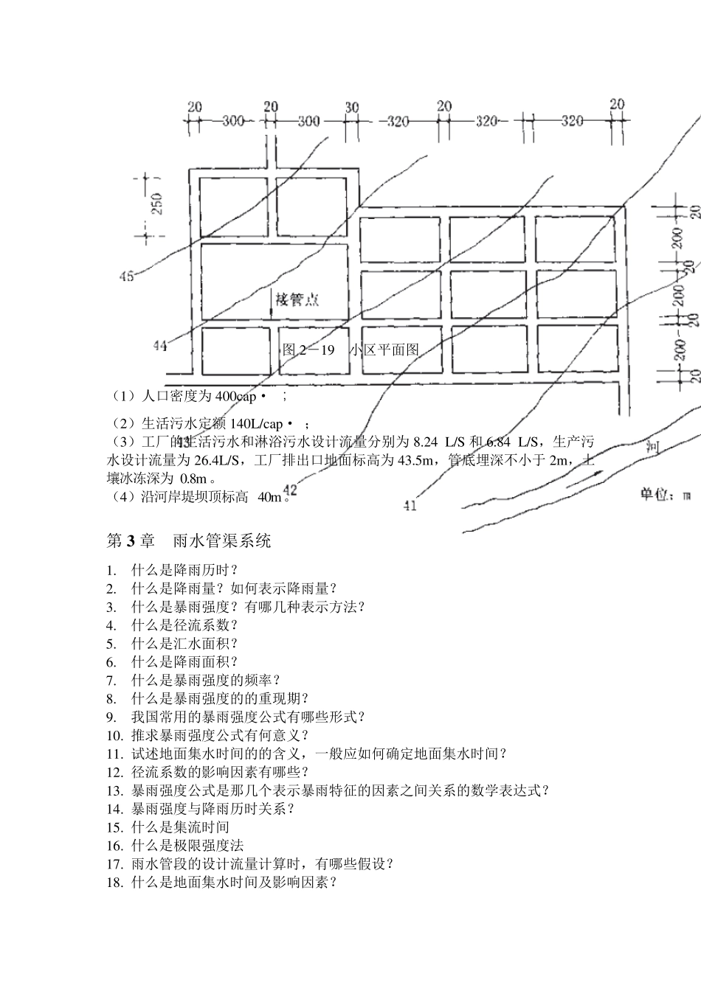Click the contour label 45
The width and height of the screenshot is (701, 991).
(126, 277)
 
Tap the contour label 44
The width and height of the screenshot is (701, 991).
(161, 347)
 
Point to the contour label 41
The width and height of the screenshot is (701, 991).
(410, 506)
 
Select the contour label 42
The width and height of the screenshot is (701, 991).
(289, 490)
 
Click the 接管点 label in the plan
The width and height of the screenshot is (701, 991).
(298, 299)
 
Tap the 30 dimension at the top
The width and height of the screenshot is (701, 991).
(352, 108)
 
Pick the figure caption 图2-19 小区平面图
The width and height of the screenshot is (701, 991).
(350, 350)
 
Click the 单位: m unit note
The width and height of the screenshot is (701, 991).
(665, 495)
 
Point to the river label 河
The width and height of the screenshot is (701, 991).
(652, 445)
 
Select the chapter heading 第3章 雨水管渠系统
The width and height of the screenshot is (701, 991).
(189, 541)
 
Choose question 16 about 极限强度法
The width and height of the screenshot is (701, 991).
(187, 845)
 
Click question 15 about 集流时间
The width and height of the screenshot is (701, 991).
(181, 827)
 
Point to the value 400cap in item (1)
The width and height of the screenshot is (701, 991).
(235, 397)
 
